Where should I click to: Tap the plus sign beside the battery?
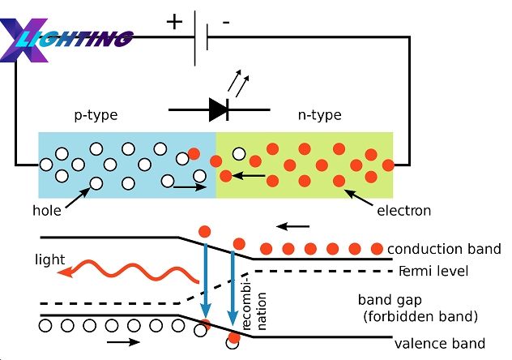point(174,22)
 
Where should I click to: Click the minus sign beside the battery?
point(226,22)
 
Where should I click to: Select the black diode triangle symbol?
point(219,109)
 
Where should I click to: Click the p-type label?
point(96,116)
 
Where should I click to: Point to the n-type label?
point(320,116)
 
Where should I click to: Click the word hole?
point(47,210)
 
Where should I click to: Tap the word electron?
point(404,211)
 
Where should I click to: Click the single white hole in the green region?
point(239,153)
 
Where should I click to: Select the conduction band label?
point(444,249)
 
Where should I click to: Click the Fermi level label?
point(433,271)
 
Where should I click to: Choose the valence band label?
point(440,344)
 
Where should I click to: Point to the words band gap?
point(390,300)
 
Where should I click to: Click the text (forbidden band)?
point(420,316)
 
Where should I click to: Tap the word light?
point(49,259)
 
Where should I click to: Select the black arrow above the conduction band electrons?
point(293,226)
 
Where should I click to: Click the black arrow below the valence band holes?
point(123,342)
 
